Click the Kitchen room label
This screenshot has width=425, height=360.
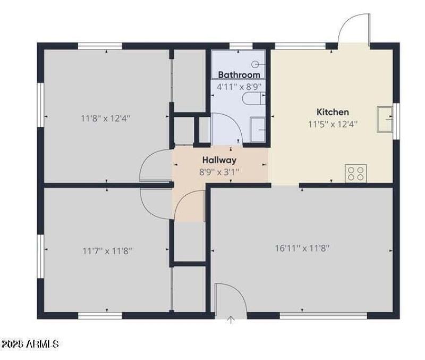click(x=333, y=112)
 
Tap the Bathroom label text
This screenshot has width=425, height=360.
click(x=239, y=75)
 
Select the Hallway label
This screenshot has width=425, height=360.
click(x=219, y=160)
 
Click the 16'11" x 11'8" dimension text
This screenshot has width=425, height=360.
click(x=302, y=248)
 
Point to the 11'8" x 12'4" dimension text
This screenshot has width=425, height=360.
click(x=106, y=118)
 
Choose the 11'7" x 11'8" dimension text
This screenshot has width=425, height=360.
click(x=107, y=250)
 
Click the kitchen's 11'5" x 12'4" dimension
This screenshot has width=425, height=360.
click(x=333, y=124)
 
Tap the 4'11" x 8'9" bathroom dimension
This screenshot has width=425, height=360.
click(x=239, y=86)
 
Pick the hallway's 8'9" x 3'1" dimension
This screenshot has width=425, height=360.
click(x=219, y=172)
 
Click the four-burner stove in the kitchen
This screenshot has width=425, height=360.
click(x=356, y=173)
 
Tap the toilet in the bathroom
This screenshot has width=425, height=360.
click(x=253, y=98)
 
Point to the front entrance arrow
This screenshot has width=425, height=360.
click(x=231, y=319)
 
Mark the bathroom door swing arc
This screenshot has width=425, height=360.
click(x=228, y=127)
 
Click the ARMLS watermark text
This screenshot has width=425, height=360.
click(x=30, y=345)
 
